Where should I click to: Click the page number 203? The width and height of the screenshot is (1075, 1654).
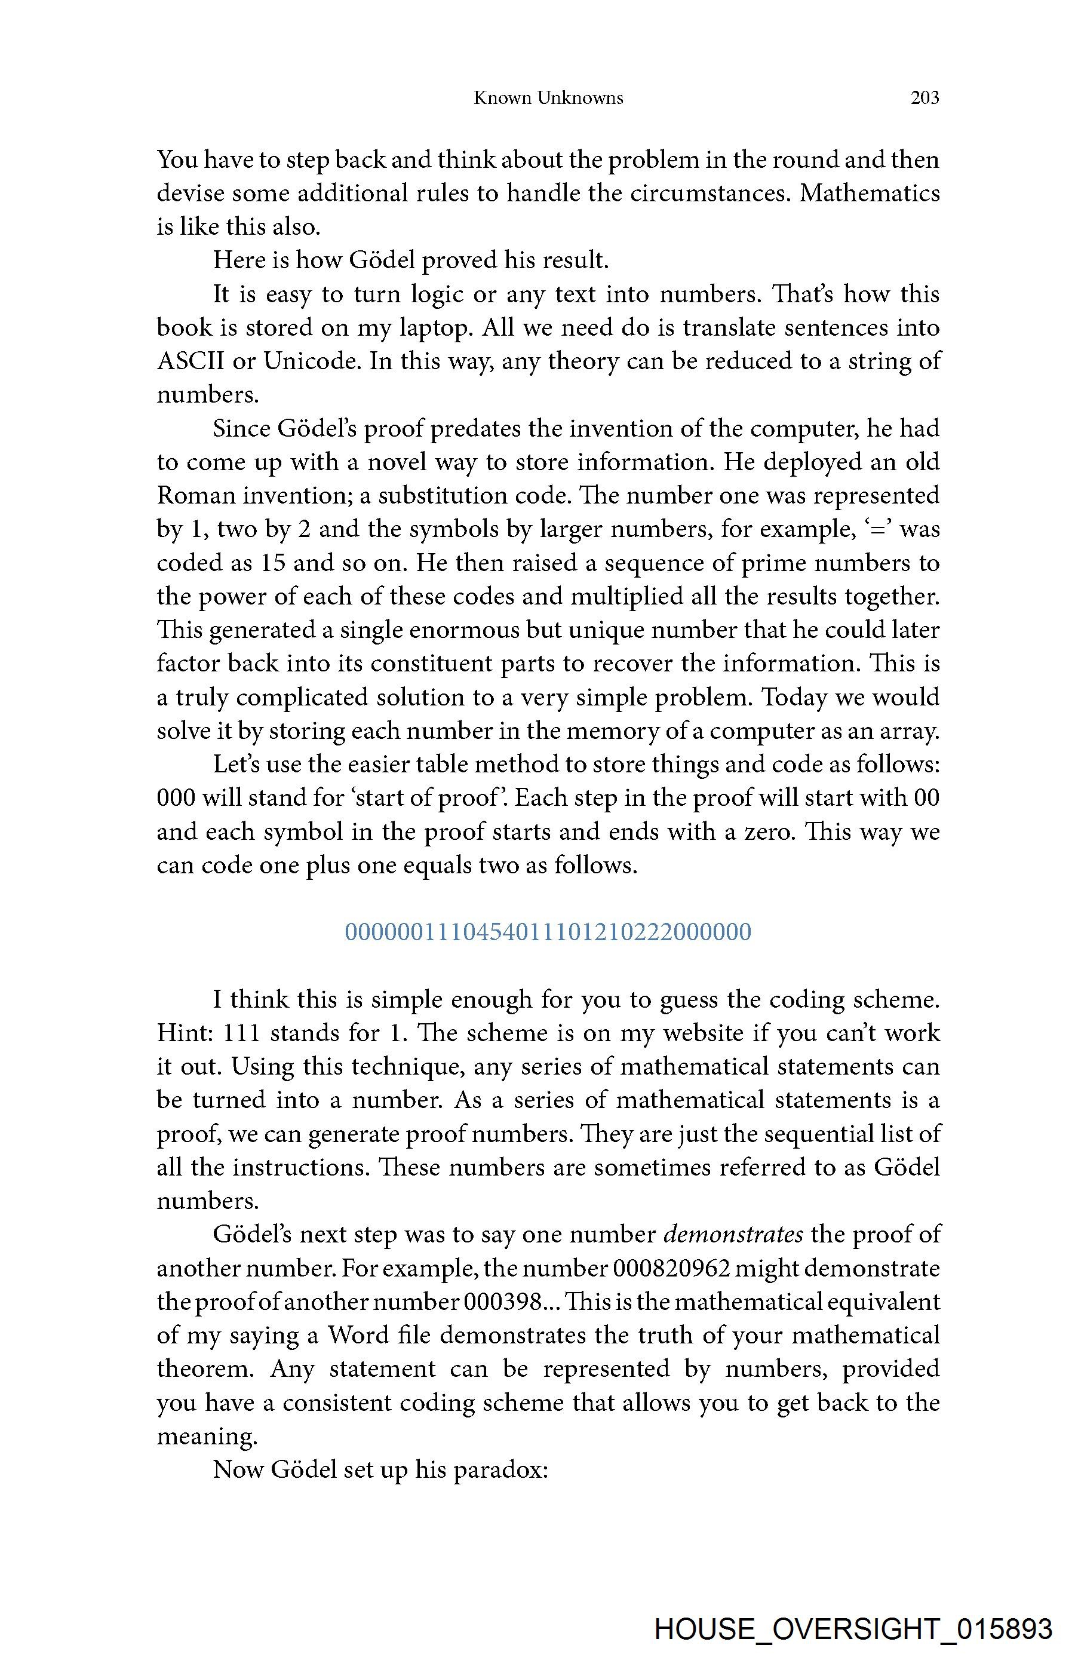[x=924, y=98]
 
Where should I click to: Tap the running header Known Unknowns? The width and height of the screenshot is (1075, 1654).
[x=548, y=98]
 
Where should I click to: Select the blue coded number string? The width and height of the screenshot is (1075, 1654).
[x=548, y=932]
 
